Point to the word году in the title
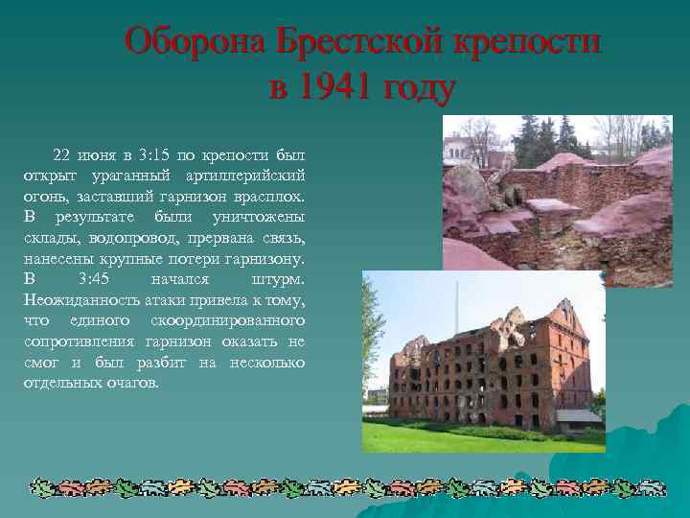[417, 89]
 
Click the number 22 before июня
[62, 153]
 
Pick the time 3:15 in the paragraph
[155, 153]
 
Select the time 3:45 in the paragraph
[96, 279]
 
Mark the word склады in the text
[47, 238]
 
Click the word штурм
[278, 279]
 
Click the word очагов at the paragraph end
[133, 383]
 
